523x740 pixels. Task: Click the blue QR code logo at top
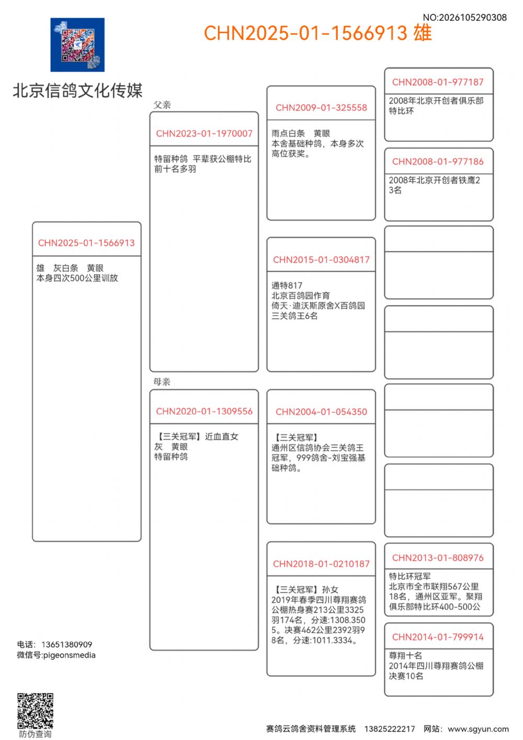(x=77, y=45)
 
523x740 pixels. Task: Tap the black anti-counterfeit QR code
(x=35, y=711)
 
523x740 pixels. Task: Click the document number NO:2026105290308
(x=464, y=17)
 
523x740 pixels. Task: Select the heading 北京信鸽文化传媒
(x=77, y=91)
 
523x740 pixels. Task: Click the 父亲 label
(x=162, y=105)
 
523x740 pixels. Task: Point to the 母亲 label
(x=162, y=382)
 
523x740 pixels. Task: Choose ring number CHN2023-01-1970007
(x=204, y=133)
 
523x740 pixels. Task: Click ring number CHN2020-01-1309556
(x=204, y=411)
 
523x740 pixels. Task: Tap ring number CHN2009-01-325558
(x=321, y=108)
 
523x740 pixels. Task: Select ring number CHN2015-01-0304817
(x=321, y=260)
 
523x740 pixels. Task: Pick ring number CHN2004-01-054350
(x=321, y=412)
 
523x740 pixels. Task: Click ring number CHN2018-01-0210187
(x=321, y=564)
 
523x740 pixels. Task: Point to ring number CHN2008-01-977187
(x=438, y=82)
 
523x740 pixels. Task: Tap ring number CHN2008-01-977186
(x=438, y=162)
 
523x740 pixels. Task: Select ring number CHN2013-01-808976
(x=438, y=558)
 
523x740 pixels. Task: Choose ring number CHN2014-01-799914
(x=438, y=637)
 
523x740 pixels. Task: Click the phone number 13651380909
(x=66, y=644)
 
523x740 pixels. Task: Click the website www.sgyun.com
(x=478, y=729)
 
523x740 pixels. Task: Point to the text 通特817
(x=287, y=285)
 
